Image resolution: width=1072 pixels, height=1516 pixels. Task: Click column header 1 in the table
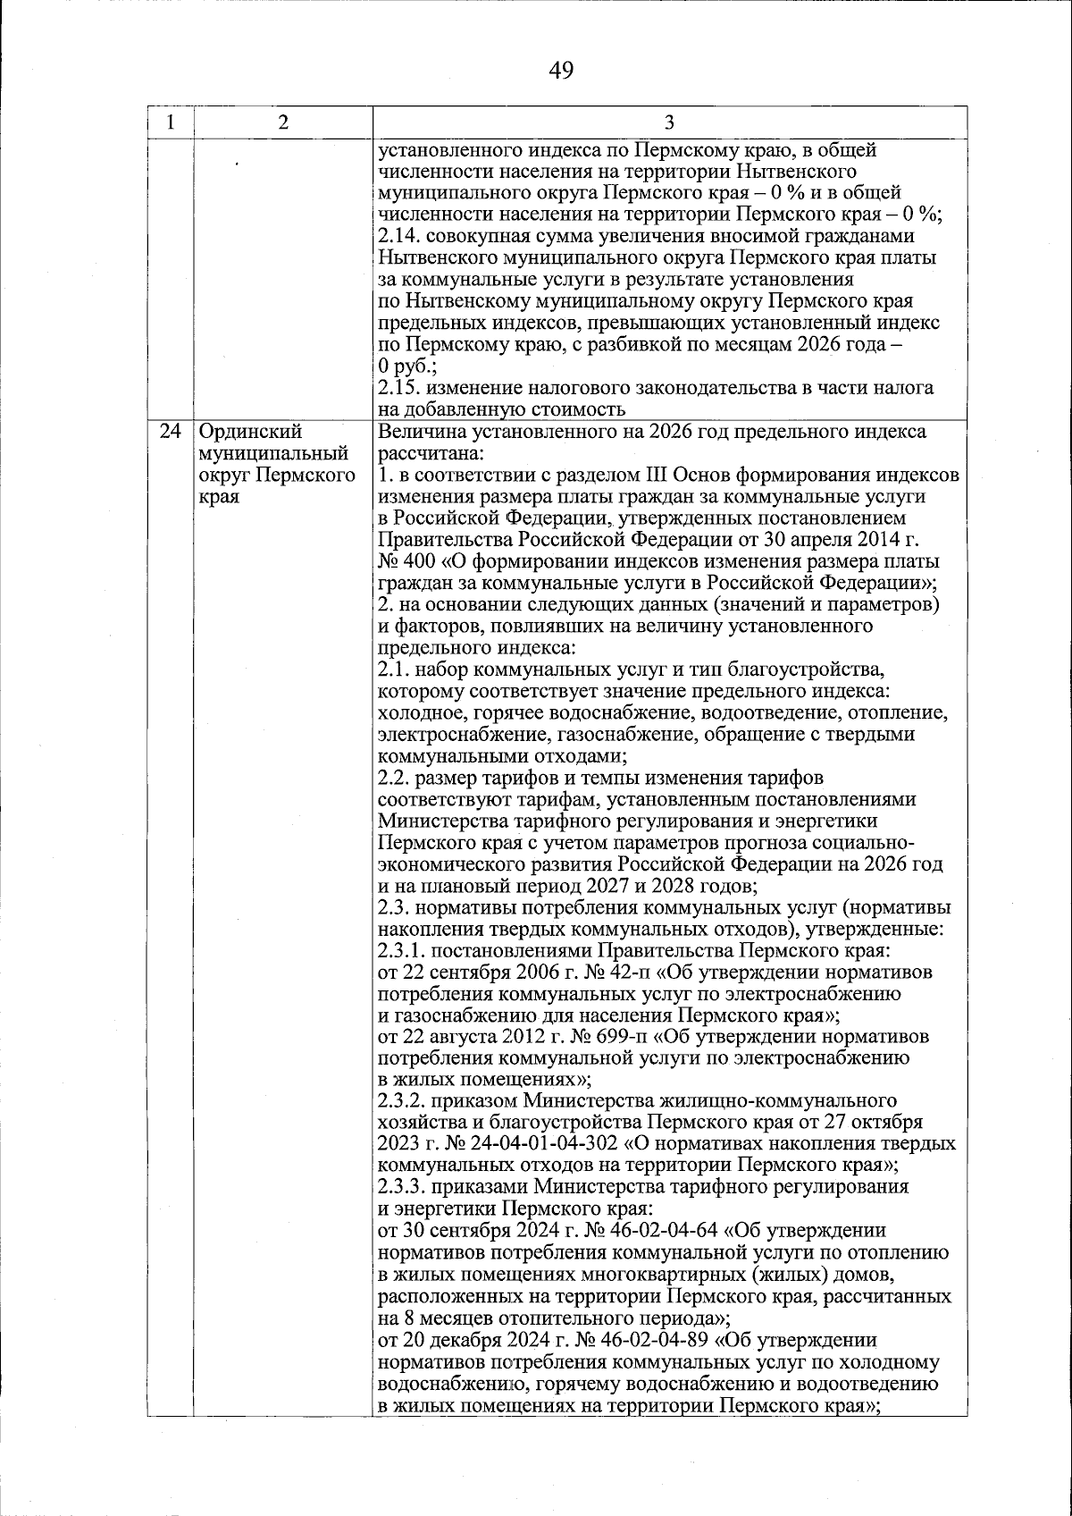(169, 123)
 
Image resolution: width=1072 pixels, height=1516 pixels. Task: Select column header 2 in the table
(282, 123)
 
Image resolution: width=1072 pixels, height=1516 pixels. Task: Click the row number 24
(170, 433)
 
